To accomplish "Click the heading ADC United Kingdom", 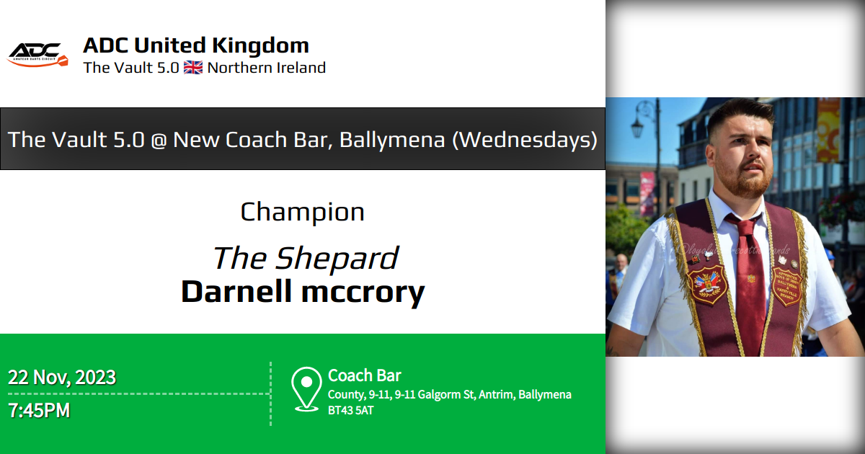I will (x=196, y=45).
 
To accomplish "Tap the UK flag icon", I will (x=192, y=68).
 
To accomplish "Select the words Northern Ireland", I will (x=266, y=68).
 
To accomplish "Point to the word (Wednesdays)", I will (x=524, y=139).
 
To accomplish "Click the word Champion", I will (x=302, y=212).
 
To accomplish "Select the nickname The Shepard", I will (x=305, y=258).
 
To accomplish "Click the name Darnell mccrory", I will (x=302, y=292).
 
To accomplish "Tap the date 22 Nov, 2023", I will (x=62, y=377).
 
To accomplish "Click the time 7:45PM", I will (x=39, y=411).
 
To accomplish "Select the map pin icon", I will (x=306, y=388).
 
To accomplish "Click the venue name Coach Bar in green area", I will (x=365, y=375).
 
